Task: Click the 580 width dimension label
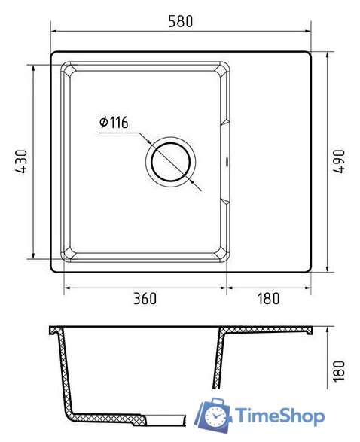pyautogui.click(x=181, y=21)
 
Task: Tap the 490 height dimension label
pyautogui.click(x=339, y=161)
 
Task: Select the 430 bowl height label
pyautogui.click(x=21, y=161)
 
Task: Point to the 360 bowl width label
pyautogui.click(x=145, y=299)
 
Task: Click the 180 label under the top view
pyautogui.click(x=268, y=299)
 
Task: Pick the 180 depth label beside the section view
pyautogui.click(x=339, y=371)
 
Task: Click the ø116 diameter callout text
pyautogui.click(x=114, y=122)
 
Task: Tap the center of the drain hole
pyautogui.click(x=170, y=162)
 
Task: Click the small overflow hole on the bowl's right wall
pyautogui.click(x=227, y=162)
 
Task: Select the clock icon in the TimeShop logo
pyautogui.click(x=216, y=416)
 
